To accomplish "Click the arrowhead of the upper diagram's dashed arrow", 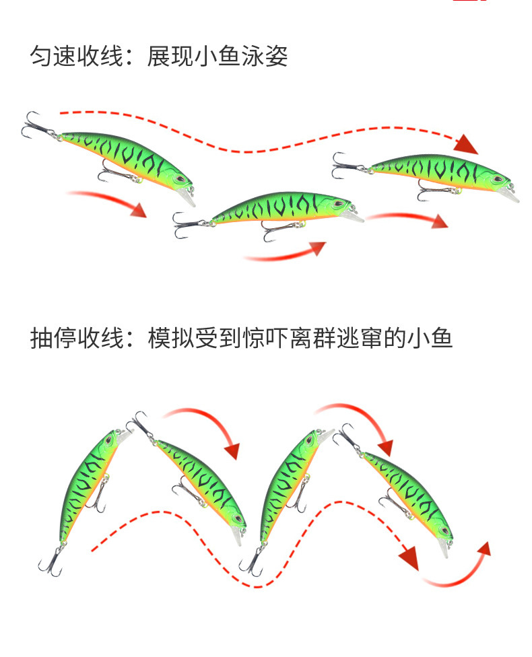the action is coord(466,144).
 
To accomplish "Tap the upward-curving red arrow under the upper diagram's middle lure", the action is coord(286,252).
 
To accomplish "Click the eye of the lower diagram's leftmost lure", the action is coord(106,442).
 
